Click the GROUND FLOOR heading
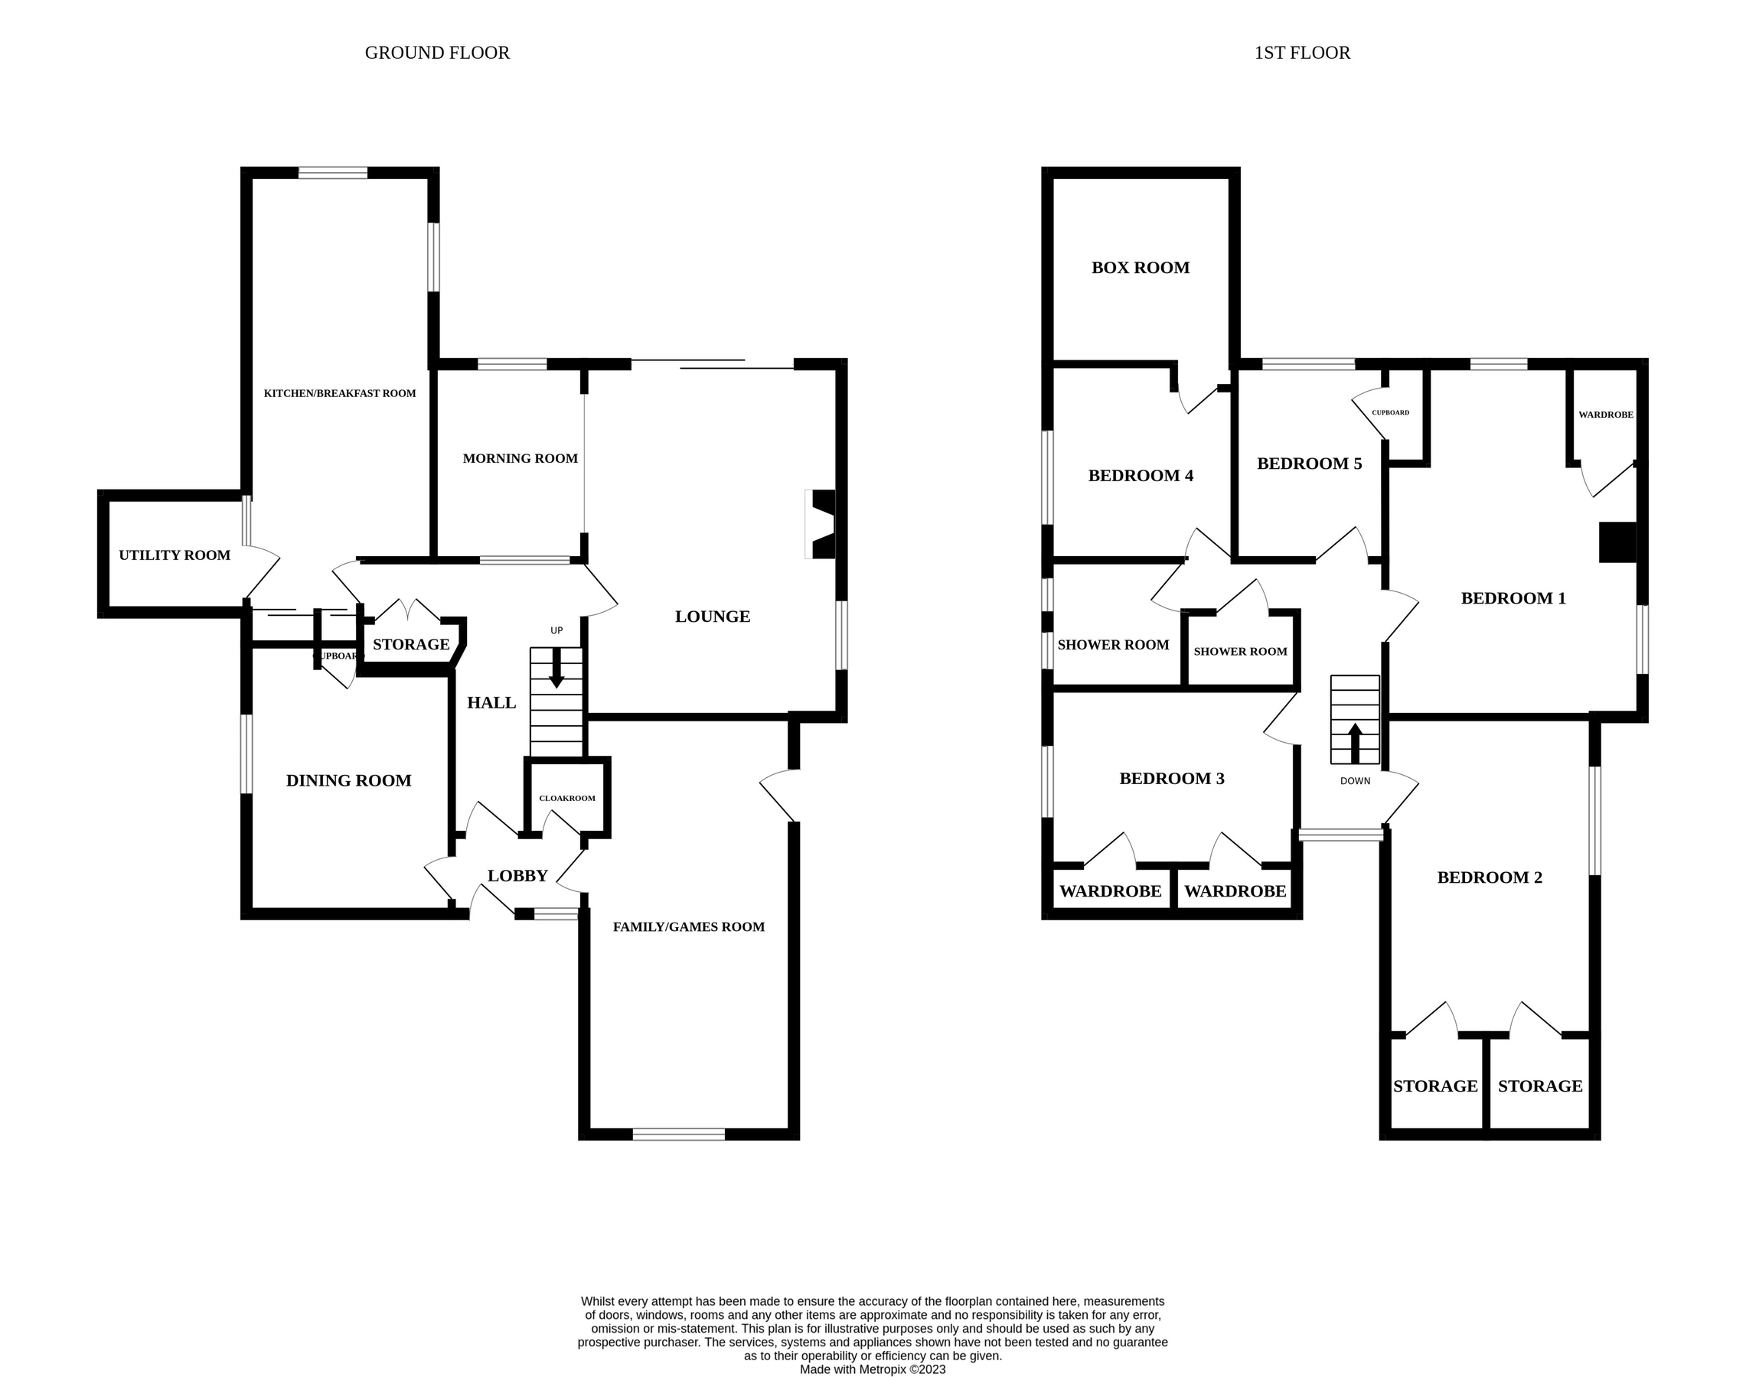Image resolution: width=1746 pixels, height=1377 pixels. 437,54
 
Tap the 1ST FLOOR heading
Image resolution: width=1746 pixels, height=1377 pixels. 1301,54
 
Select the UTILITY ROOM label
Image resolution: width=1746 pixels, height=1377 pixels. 175,555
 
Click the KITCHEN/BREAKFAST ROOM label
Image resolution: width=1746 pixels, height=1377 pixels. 340,393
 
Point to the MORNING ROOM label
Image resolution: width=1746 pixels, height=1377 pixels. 521,459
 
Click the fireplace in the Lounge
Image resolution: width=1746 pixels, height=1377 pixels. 821,524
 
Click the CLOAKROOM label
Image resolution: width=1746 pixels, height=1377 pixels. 567,798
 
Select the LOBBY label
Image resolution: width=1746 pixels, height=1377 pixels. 517,875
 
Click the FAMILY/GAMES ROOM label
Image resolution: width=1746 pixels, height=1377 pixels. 688,927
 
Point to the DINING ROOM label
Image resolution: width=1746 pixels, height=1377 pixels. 348,780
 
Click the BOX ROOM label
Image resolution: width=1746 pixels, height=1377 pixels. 1141,268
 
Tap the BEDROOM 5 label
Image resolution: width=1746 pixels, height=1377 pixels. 1309,464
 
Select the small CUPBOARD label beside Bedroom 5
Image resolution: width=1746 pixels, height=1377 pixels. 1390,413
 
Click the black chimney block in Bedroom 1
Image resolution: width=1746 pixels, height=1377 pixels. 1617,542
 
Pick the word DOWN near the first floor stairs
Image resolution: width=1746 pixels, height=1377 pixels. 1355,781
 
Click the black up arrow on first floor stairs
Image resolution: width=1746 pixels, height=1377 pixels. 1355,743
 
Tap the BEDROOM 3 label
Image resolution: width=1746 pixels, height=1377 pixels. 1171,779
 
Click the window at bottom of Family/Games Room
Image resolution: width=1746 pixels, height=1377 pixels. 678,1134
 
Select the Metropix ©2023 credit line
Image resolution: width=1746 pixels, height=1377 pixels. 873,1369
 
